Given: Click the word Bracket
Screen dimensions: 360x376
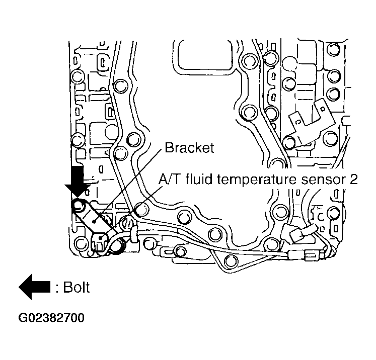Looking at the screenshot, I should coord(189,148).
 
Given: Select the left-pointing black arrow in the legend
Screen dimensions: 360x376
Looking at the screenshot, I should coord(35,287).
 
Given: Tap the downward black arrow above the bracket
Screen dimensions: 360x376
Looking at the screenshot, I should coord(79,183).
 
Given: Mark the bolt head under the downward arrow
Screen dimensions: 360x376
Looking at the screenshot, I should coord(79,205).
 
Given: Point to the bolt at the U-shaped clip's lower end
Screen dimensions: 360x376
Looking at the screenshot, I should coord(291,142).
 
